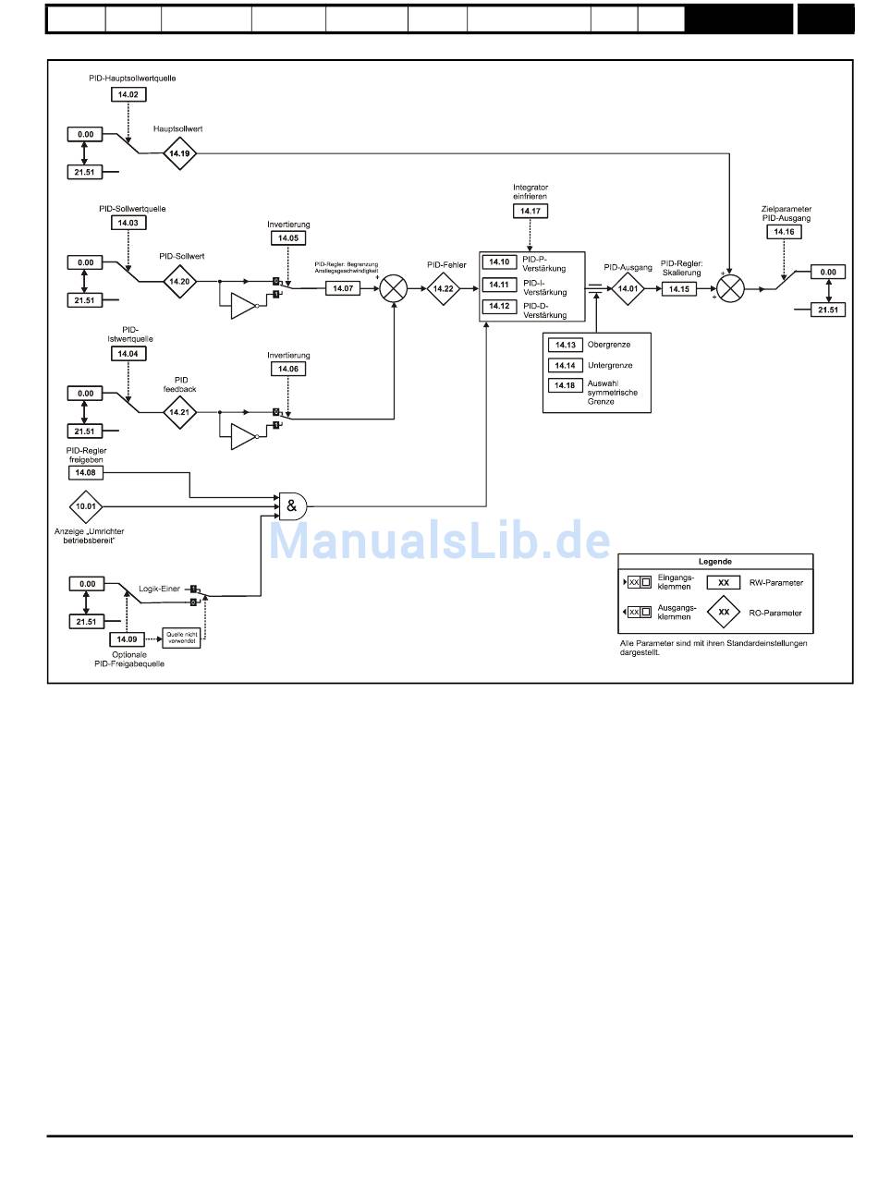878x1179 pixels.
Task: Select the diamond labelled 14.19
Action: (x=179, y=152)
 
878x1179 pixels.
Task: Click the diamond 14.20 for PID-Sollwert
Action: (x=179, y=281)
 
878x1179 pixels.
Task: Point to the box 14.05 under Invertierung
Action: (x=288, y=238)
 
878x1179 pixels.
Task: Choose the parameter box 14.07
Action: (x=344, y=288)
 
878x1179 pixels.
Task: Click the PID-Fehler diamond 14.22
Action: (x=444, y=288)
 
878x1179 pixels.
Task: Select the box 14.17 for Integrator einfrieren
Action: (x=530, y=212)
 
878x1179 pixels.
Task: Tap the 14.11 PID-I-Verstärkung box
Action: (x=500, y=285)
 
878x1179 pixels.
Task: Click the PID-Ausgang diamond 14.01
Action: (x=628, y=288)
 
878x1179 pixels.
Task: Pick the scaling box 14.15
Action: (x=679, y=288)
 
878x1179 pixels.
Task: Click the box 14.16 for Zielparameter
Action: (x=784, y=232)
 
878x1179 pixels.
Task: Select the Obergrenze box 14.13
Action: (x=566, y=345)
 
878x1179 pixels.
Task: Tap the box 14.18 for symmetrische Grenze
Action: (x=566, y=385)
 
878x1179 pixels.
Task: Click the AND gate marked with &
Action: (x=293, y=505)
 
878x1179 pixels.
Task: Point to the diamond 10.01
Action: (x=87, y=506)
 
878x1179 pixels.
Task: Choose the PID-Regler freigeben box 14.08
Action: (x=87, y=472)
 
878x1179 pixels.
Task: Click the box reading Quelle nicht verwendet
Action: (x=181, y=638)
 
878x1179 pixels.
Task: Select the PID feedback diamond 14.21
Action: (x=180, y=412)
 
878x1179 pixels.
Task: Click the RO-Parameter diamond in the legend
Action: (x=724, y=612)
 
